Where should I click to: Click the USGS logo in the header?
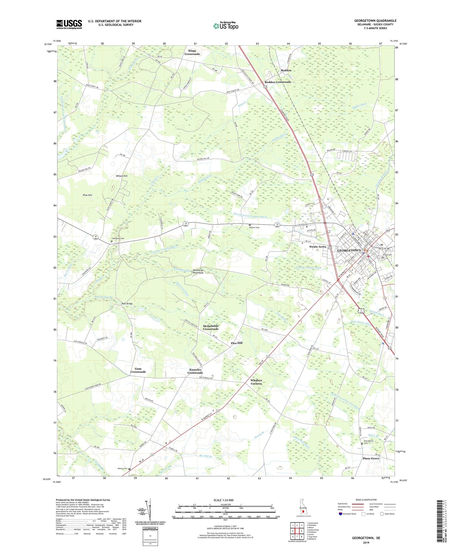[69, 24]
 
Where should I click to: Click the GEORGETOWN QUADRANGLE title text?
[375, 21]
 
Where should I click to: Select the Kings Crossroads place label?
[192, 52]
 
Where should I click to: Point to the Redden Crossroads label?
[278, 82]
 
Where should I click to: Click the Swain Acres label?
[317, 246]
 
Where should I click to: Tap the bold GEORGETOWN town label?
[349, 250]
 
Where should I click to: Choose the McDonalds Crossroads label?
[210, 327]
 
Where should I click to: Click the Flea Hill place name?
[236, 343]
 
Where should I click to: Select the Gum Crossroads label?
[138, 370]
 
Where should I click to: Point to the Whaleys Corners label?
[256, 382]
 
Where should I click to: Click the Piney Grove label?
[371, 458]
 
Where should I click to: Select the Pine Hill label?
[87, 195]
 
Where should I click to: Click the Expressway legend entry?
[344, 504]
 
